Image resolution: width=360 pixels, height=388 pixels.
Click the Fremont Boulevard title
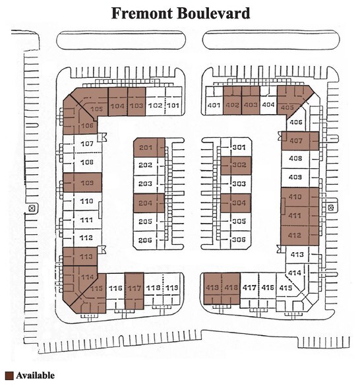[179, 13]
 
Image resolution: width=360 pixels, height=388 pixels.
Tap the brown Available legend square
[8, 376]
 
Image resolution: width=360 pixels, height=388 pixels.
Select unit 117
[135, 289]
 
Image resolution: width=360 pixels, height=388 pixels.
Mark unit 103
[136, 105]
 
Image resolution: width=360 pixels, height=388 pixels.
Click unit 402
[232, 105]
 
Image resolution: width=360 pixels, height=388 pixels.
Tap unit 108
[86, 162]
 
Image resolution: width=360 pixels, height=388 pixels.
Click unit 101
[173, 105]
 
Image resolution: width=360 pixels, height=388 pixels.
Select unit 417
[249, 288]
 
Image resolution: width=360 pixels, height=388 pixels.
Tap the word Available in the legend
[35, 376]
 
